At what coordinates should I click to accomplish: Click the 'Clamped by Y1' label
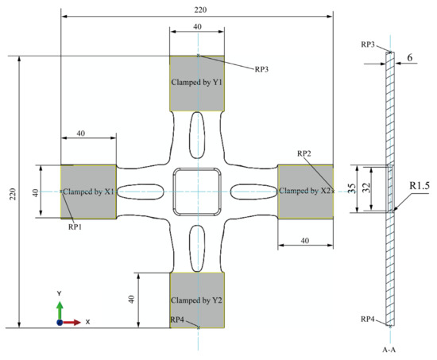pyautogui.click(x=197, y=82)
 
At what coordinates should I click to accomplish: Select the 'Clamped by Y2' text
pyautogui.click(x=197, y=300)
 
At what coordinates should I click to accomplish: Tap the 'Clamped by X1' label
pyautogui.click(x=89, y=192)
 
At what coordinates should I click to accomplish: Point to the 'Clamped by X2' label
pyautogui.click(x=305, y=192)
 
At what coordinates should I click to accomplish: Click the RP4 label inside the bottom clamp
pyautogui.click(x=180, y=319)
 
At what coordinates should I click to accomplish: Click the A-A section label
pyautogui.click(x=390, y=347)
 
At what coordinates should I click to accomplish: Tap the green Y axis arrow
pyautogui.click(x=60, y=305)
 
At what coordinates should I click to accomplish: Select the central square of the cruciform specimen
pyautogui.click(x=197, y=192)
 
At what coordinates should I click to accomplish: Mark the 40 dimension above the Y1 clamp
pyautogui.click(x=197, y=26)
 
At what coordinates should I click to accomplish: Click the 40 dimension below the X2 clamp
pyautogui.click(x=305, y=240)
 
